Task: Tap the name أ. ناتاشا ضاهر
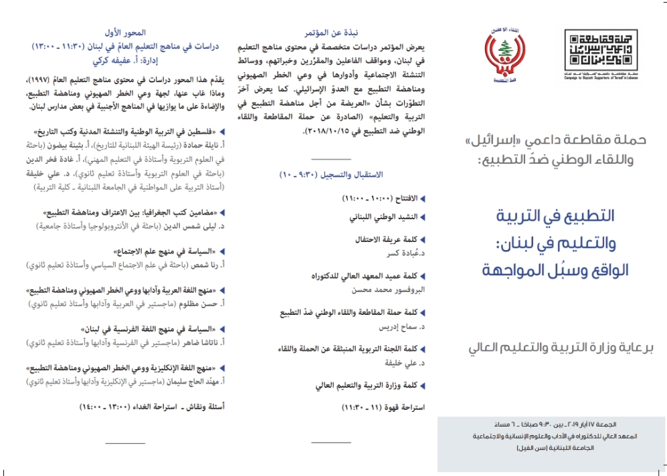click(x=201, y=342)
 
